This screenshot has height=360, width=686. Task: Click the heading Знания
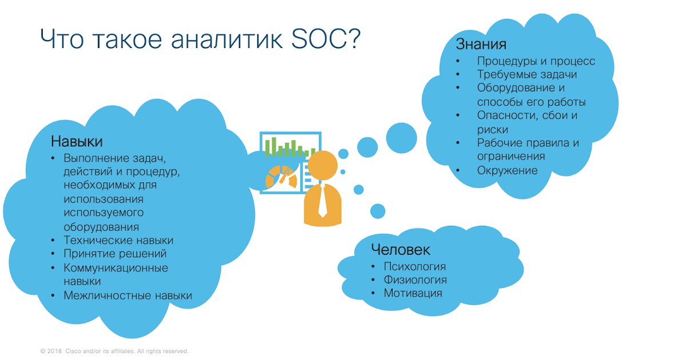pyautogui.click(x=481, y=44)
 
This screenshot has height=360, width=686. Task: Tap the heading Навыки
pyautogui.click(x=77, y=142)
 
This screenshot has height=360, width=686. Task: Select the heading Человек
pyautogui.click(x=401, y=250)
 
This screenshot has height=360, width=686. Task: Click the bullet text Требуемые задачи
pyautogui.click(x=527, y=74)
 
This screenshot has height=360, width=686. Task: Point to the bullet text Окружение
pyautogui.click(x=507, y=170)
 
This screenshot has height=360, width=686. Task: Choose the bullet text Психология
pyautogui.click(x=414, y=266)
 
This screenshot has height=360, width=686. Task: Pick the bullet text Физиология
pyautogui.click(x=415, y=280)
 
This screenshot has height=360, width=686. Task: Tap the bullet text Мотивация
pyautogui.click(x=413, y=293)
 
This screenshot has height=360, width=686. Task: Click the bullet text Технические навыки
pyautogui.click(x=118, y=241)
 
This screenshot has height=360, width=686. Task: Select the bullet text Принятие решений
pyautogui.click(x=115, y=254)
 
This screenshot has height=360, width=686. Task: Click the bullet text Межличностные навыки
pyautogui.click(x=127, y=295)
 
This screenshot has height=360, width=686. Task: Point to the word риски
pyautogui.click(x=492, y=130)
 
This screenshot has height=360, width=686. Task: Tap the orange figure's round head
pyautogui.click(x=322, y=165)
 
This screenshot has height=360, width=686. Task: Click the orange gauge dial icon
pyautogui.click(x=281, y=178)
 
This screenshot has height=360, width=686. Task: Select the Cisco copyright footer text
pyautogui.click(x=114, y=351)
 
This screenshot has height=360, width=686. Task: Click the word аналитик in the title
pyautogui.click(x=226, y=39)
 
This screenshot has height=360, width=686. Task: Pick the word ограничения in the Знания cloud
pyautogui.click(x=511, y=157)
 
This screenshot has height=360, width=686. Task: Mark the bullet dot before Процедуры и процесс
pyautogui.click(x=458, y=61)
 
